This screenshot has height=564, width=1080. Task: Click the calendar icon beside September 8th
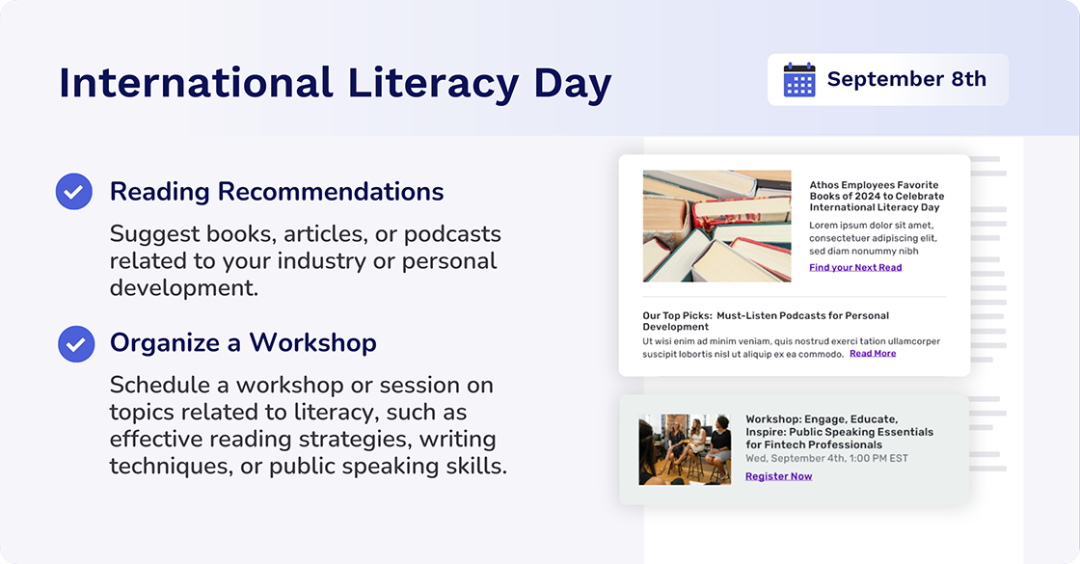[x=799, y=80]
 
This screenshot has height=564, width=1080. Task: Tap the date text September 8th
[x=906, y=79]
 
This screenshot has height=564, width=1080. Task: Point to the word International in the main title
[x=196, y=83]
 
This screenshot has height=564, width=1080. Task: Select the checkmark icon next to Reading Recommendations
[x=74, y=192]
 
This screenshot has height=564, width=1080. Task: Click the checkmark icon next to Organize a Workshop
[x=76, y=343]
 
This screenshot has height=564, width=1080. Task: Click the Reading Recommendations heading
[x=277, y=192]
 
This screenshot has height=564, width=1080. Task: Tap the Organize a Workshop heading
[x=243, y=343]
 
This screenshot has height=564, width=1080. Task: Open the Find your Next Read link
[x=855, y=268]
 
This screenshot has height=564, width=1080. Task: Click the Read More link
[x=873, y=354]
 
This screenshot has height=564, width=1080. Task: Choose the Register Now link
[x=778, y=476]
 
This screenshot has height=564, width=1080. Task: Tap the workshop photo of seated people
[x=685, y=449]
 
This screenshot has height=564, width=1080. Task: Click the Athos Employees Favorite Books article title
[x=875, y=196]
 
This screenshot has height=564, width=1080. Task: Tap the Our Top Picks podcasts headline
[x=766, y=321]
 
